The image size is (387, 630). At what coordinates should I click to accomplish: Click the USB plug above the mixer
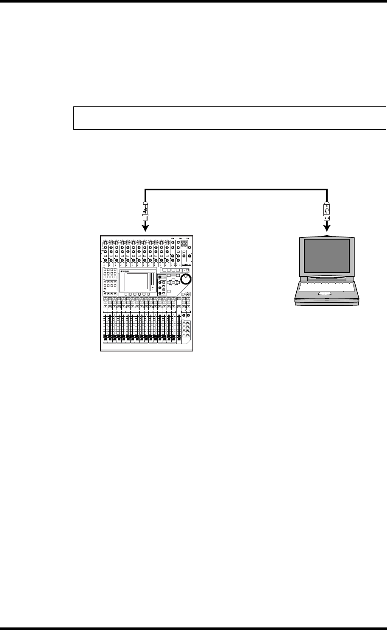[146, 211]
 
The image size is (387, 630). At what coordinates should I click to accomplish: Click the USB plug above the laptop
[326, 211]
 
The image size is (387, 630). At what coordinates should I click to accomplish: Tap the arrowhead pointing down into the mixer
[146, 228]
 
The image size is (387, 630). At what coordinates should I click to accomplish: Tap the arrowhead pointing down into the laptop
[326, 228]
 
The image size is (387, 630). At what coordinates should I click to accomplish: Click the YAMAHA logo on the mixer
[124, 271]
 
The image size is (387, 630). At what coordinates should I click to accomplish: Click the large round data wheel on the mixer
[186, 279]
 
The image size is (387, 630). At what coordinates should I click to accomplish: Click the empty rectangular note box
[229, 118]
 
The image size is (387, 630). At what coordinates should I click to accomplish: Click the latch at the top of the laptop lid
[326, 236]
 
